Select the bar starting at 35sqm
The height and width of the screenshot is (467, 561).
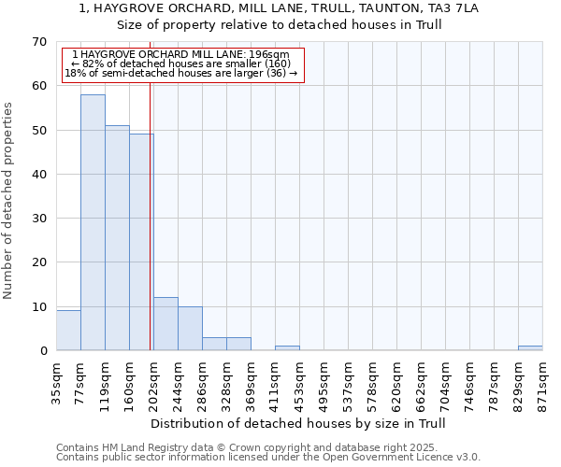tap(68, 331)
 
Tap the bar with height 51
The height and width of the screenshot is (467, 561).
tap(117, 238)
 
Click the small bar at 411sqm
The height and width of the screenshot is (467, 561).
tap(287, 347)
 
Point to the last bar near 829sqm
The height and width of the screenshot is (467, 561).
tap(530, 347)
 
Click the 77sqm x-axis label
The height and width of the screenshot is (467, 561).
tap(81, 380)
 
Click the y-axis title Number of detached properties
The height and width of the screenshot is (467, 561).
tap(9, 200)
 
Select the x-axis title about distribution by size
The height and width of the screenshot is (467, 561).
tap(298, 423)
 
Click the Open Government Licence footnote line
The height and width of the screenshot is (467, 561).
tap(268, 457)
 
